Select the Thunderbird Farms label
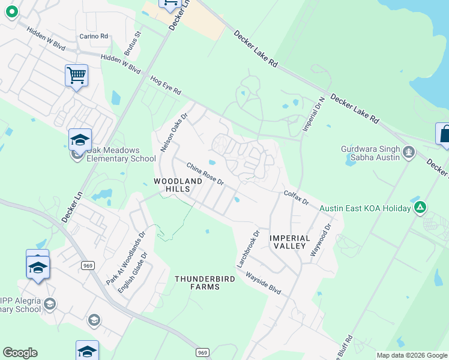197,283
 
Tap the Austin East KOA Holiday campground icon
420,208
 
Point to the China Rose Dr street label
205,174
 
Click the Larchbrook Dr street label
248,248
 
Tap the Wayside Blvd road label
262,281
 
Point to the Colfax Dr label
296,197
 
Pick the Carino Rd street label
94,36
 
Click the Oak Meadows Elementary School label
113,154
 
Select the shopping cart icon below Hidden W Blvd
76,76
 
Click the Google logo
20,353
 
